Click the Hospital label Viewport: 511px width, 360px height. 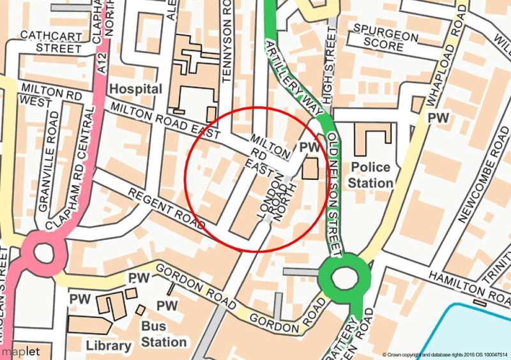pos(135,89)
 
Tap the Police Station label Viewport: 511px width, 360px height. pos(370,176)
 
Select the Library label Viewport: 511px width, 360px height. pos(108,345)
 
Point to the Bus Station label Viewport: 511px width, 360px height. pos(164,335)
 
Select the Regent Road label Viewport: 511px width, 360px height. pos(166,209)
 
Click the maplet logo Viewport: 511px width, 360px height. pos(20,351)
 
